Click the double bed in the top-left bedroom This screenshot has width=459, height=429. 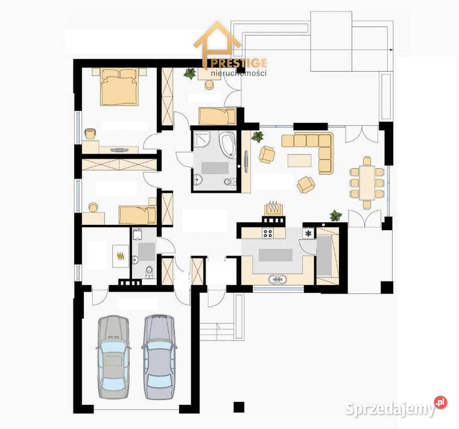pos(119,87)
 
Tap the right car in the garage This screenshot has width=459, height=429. pos(160,357)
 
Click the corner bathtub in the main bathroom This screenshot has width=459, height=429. pos(227,145)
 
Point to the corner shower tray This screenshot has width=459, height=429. pos(201,139)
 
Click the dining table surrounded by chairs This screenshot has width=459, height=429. pos(367,183)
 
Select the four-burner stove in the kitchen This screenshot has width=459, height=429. pos(268,233)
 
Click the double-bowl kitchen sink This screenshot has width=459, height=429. pos(277,280)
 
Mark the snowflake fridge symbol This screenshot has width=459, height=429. pos(308,233)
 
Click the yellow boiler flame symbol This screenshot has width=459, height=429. pos(120,257)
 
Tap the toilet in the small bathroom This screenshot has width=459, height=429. pos(150,272)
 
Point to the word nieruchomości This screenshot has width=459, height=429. pos(239,73)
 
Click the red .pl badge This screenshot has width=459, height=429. pos(440,402)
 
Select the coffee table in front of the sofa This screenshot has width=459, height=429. pos(299,160)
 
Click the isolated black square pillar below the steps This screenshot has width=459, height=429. pos(239,407)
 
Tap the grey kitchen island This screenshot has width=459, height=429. pos(276,255)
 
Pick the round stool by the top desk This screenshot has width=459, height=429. pos(209,84)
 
